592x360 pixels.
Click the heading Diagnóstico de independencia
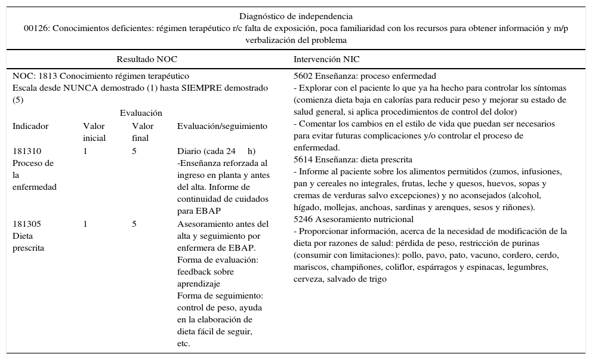coord(295,16)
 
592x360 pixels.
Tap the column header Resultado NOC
coord(147,60)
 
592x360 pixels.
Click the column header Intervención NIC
coord(326,60)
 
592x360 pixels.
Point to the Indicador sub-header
coord(30,126)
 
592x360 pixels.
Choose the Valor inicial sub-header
coord(94,132)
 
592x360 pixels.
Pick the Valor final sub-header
coord(143,132)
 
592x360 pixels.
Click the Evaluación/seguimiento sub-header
coord(222,126)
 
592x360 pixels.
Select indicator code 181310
coord(26,151)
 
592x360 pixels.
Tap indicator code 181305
coord(26,224)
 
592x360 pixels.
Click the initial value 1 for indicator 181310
coord(85,151)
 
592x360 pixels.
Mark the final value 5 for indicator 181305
coord(134,224)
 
